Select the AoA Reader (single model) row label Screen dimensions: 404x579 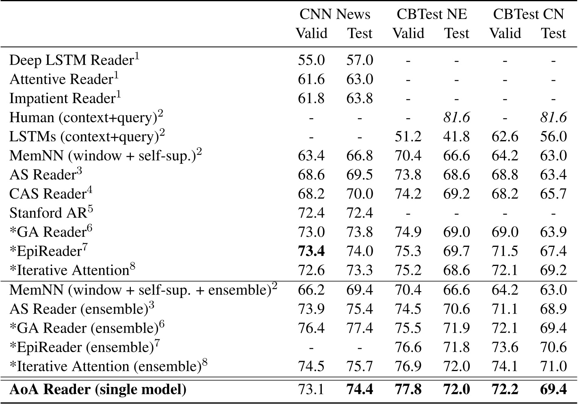pyautogui.click(x=98, y=389)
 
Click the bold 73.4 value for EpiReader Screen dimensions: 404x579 pyautogui.click(x=311, y=251)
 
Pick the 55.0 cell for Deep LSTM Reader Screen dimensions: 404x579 pyautogui.click(x=311, y=60)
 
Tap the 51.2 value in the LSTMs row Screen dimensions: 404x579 pyautogui.click(x=408, y=136)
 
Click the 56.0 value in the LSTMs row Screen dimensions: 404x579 pyautogui.click(x=553, y=136)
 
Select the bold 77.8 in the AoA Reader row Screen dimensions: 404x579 pyautogui.click(x=408, y=389)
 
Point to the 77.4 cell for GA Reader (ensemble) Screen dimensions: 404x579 pyautogui.click(x=360, y=328)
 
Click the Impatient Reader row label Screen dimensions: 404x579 pyautogui.click(x=65, y=98)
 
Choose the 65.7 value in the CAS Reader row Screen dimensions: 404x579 pyautogui.click(x=553, y=194)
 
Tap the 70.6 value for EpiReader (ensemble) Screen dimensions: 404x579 pyautogui.click(x=553, y=347)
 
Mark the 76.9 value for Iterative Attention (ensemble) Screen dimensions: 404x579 pyautogui.click(x=408, y=366)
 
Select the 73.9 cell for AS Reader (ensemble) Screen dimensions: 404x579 pyautogui.click(x=311, y=309)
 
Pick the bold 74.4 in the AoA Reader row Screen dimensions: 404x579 pyautogui.click(x=360, y=389)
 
